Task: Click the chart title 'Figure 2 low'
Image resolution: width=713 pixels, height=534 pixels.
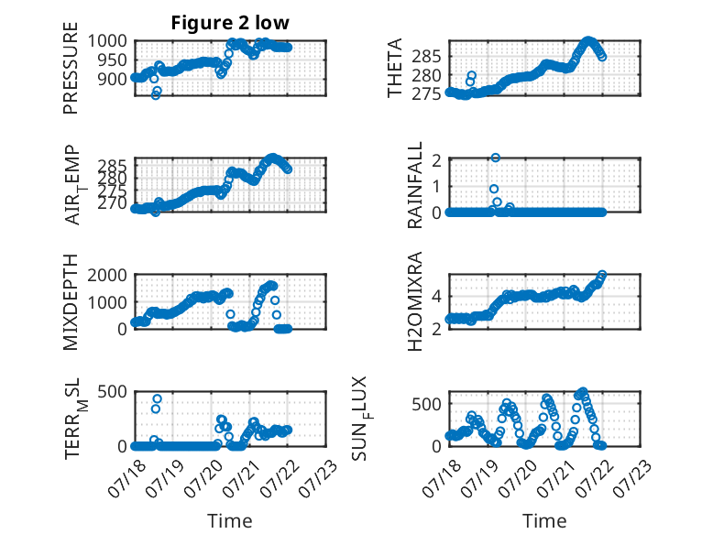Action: [x=230, y=23]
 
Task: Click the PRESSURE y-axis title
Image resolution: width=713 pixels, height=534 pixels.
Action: [x=71, y=68]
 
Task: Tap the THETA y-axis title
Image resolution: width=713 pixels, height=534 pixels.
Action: [x=395, y=68]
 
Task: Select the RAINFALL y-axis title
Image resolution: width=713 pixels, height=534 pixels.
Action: [x=415, y=185]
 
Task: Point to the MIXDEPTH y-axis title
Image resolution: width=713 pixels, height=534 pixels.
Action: [x=71, y=301]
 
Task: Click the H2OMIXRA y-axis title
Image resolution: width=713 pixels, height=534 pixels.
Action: [x=415, y=301]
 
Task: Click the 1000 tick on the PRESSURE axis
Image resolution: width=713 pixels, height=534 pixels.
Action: [x=107, y=41]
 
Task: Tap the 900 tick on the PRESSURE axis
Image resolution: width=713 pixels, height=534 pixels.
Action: [x=113, y=79]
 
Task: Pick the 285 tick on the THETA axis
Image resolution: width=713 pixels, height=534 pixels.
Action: [x=427, y=57]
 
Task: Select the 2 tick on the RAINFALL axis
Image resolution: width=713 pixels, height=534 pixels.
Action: [x=437, y=159]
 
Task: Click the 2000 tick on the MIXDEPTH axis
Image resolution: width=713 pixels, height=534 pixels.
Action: [x=107, y=275]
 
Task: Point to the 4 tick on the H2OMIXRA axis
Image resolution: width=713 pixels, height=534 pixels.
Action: [x=437, y=297]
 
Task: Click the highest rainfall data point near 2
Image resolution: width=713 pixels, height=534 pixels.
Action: [x=496, y=158]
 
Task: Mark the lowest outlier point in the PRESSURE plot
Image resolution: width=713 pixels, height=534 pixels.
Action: [x=156, y=95]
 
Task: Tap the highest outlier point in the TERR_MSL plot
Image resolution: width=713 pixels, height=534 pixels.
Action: [x=158, y=399]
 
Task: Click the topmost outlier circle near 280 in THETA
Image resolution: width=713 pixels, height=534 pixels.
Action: [x=472, y=75]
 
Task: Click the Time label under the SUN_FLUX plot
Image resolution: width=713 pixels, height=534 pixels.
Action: [x=544, y=521]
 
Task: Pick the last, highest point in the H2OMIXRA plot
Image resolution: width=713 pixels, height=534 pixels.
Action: [x=602, y=275]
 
